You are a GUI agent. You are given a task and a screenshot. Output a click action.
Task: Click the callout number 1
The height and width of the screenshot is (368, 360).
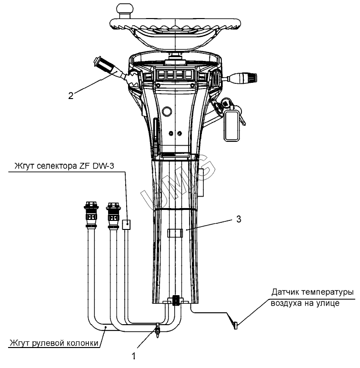tap(134, 356)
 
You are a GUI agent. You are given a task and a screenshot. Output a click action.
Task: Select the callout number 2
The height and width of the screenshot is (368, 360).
tap(71, 96)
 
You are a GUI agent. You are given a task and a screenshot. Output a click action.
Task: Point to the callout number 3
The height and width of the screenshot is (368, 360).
tap(239, 219)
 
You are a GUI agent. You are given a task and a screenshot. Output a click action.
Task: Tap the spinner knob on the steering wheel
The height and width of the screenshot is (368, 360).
tap(125, 10)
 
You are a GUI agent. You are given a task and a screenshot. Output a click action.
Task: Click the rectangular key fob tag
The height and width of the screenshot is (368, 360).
tap(232, 126)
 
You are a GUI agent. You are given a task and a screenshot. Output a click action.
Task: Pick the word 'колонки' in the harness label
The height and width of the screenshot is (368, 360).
tap(82, 343)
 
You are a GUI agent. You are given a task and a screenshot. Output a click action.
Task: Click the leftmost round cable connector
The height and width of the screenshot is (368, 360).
tap(91, 215)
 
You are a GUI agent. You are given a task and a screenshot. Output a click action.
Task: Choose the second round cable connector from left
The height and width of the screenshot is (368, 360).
tap(113, 215)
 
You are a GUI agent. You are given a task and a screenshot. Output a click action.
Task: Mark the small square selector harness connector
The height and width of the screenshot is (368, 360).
tap(127, 225)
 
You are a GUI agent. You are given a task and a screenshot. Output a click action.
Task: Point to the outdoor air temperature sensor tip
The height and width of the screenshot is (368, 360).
tap(236, 326)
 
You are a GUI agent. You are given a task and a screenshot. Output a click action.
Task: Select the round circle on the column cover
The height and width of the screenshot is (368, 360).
tap(167, 111)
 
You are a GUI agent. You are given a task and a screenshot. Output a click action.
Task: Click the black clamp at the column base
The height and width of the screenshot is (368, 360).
tap(176, 300)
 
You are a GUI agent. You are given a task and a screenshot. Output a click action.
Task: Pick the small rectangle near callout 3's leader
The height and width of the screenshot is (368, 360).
tap(175, 233)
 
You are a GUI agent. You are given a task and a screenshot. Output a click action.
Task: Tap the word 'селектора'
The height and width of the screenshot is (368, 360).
tap(57, 166)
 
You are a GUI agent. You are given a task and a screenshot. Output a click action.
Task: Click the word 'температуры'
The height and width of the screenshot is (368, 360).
tap(328, 292)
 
